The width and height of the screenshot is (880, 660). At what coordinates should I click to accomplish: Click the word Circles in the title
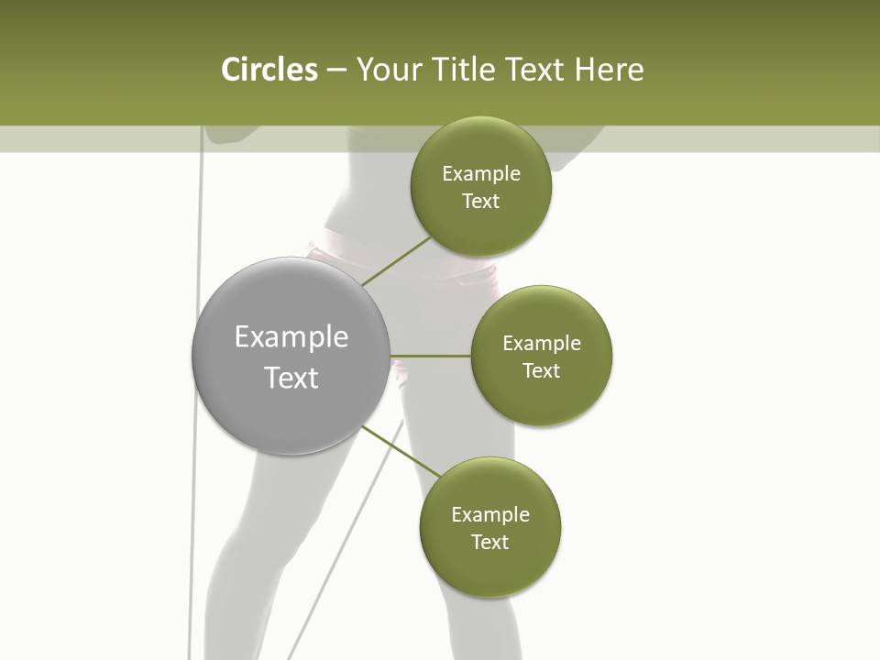[x=269, y=70]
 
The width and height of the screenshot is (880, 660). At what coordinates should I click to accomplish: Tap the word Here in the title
[x=609, y=70]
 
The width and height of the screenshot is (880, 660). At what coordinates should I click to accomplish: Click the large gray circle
[x=291, y=356]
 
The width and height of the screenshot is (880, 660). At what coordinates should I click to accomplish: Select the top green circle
[x=481, y=186]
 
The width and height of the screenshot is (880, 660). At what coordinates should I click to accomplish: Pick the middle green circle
[x=542, y=356]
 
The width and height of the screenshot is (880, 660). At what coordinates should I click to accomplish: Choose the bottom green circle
[x=489, y=527]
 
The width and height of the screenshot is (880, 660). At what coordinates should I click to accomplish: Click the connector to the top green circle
[x=396, y=261]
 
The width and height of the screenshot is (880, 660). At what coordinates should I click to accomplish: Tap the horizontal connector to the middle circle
[x=431, y=356]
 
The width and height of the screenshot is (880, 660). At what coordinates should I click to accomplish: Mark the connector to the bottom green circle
[x=401, y=451]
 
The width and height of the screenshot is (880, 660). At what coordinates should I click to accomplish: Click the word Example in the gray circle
[x=291, y=337]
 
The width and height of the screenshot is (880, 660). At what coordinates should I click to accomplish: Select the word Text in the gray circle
[x=291, y=378]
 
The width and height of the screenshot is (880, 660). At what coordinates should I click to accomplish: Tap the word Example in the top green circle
[x=481, y=174]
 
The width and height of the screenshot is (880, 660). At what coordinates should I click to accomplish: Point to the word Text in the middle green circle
[x=542, y=371]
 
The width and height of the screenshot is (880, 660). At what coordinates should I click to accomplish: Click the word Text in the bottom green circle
[x=489, y=542]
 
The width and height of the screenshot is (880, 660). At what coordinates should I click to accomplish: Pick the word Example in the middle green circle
[x=542, y=344]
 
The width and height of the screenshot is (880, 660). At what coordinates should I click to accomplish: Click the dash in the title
[x=336, y=71]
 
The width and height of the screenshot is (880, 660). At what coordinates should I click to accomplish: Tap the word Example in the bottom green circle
[x=489, y=514]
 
